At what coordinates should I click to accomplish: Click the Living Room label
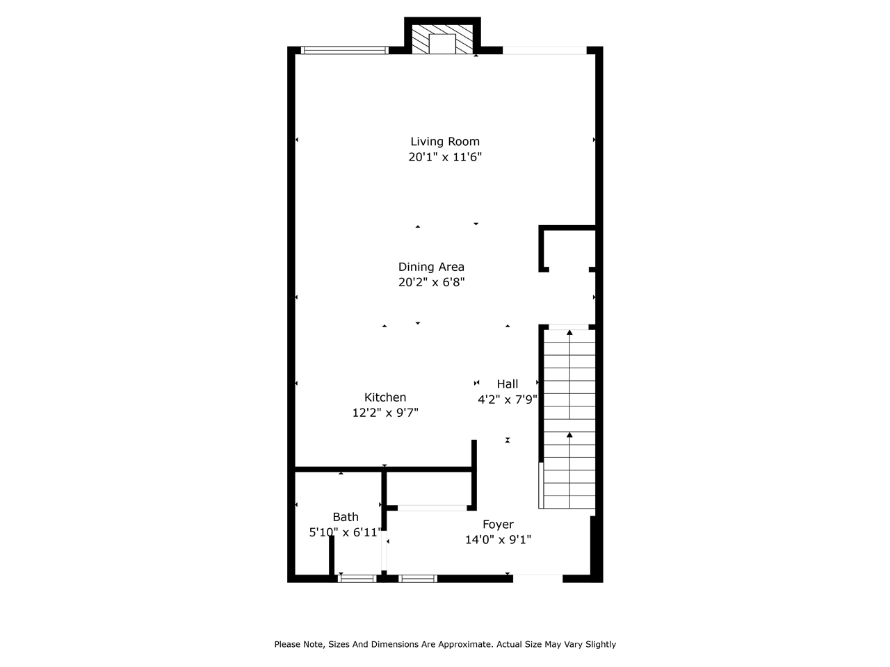(x=444, y=142)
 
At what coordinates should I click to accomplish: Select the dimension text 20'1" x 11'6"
(x=444, y=157)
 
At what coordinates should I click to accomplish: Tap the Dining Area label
(x=431, y=267)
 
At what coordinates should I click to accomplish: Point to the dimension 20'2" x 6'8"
(x=431, y=282)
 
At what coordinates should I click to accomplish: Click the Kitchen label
(x=385, y=397)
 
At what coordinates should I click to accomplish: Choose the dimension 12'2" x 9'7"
(x=385, y=413)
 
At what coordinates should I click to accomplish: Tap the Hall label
(x=507, y=384)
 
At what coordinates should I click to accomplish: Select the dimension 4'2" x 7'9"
(x=507, y=400)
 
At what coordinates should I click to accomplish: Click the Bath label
(x=346, y=517)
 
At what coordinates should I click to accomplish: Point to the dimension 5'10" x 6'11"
(x=345, y=533)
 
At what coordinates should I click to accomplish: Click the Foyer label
(x=498, y=525)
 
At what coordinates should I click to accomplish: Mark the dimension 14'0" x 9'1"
(x=498, y=540)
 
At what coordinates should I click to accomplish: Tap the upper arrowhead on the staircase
(x=569, y=333)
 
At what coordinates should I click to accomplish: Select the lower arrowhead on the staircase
(x=569, y=435)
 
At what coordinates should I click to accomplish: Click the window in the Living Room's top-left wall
(x=344, y=50)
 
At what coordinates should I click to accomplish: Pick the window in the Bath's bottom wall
(x=357, y=578)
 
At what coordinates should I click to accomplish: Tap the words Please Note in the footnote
(x=299, y=645)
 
